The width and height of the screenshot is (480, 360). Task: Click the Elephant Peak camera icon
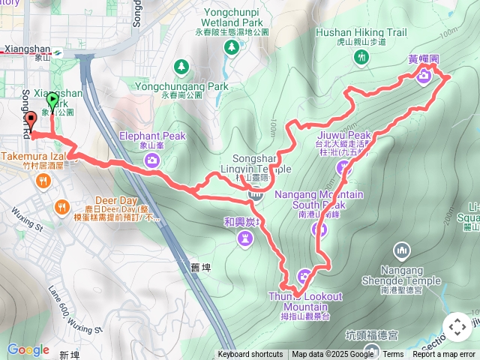(152, 160)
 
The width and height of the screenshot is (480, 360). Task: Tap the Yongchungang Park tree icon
(181, 68)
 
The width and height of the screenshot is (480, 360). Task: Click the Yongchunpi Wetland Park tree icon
(231, 46)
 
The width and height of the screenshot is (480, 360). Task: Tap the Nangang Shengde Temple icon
(402, 250)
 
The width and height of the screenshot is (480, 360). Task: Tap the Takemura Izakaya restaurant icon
(44, 180)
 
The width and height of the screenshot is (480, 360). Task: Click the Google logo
(28, 349)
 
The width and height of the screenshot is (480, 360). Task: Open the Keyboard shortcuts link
(250, 355)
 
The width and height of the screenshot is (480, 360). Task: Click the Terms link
(393, 355)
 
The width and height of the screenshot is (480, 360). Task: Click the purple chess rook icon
(246, 238)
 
